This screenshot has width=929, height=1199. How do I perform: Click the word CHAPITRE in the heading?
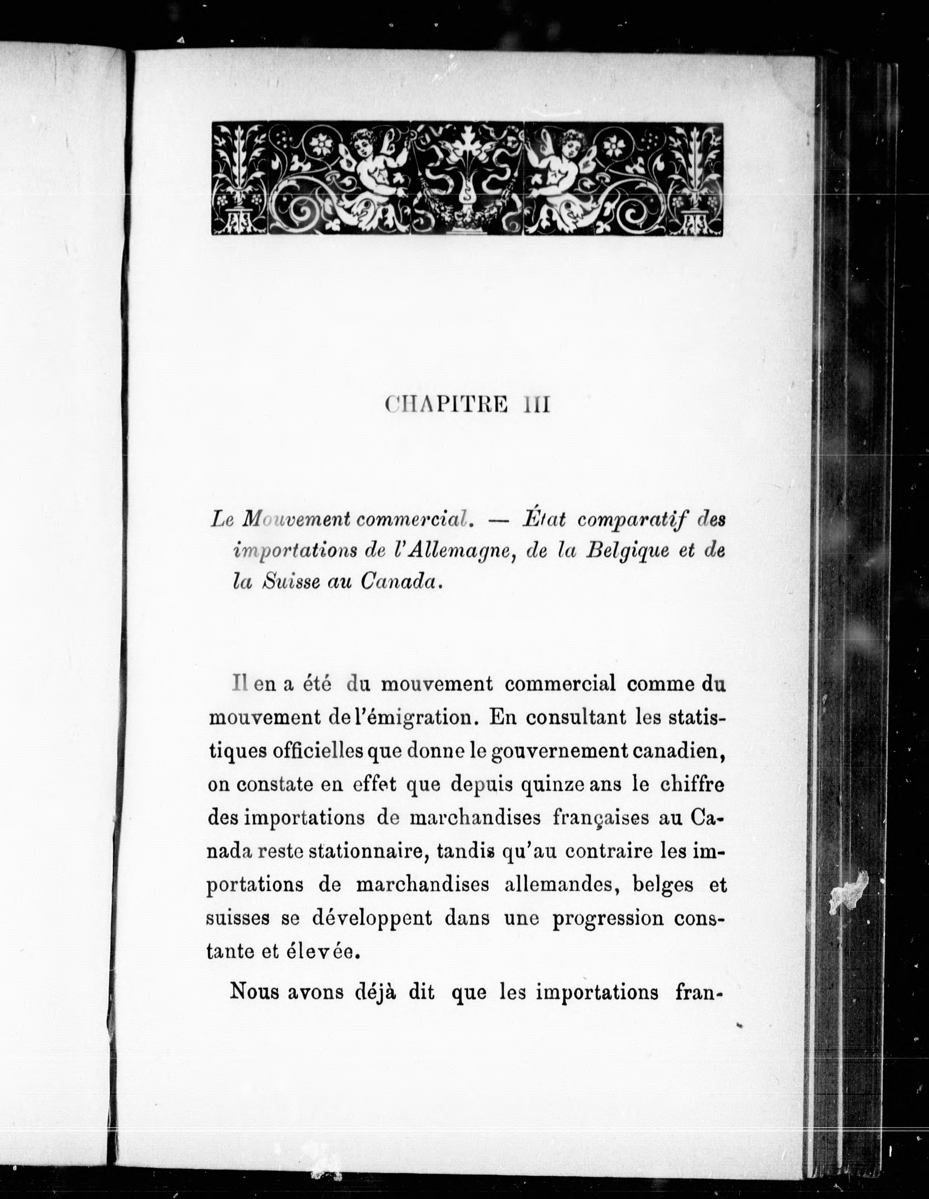tap(446, 405)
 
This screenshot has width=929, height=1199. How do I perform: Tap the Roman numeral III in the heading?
tap(536, 405)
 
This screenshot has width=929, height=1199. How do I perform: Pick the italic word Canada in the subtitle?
tap(401, 582)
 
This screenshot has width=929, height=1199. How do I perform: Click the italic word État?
tap(544, 519)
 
